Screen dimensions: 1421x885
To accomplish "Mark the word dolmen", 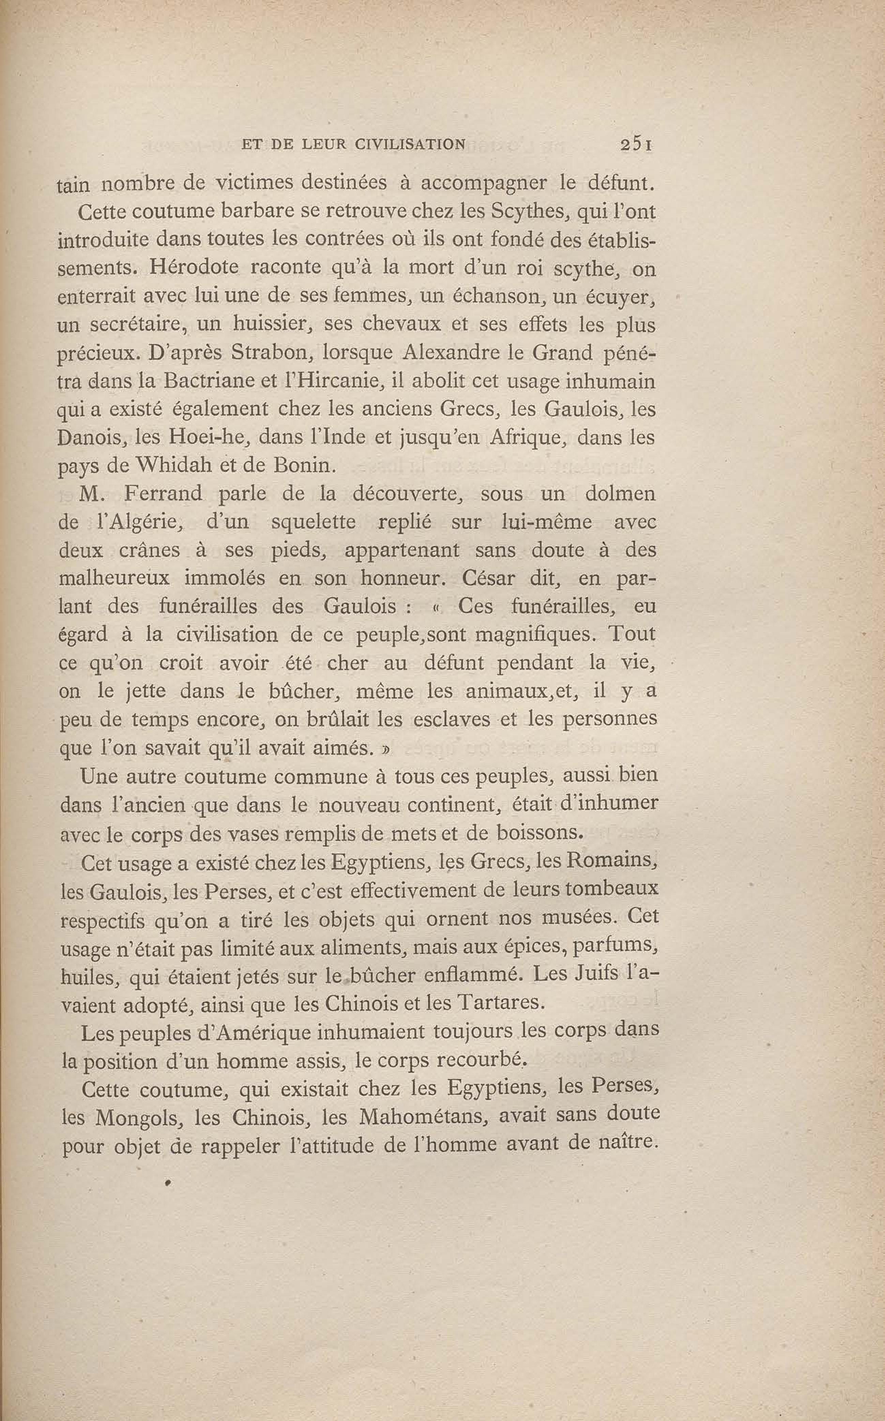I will coord(621,494).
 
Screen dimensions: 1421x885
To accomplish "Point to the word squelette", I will coord(314,522).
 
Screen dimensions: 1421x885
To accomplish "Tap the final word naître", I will coord(629,1144).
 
